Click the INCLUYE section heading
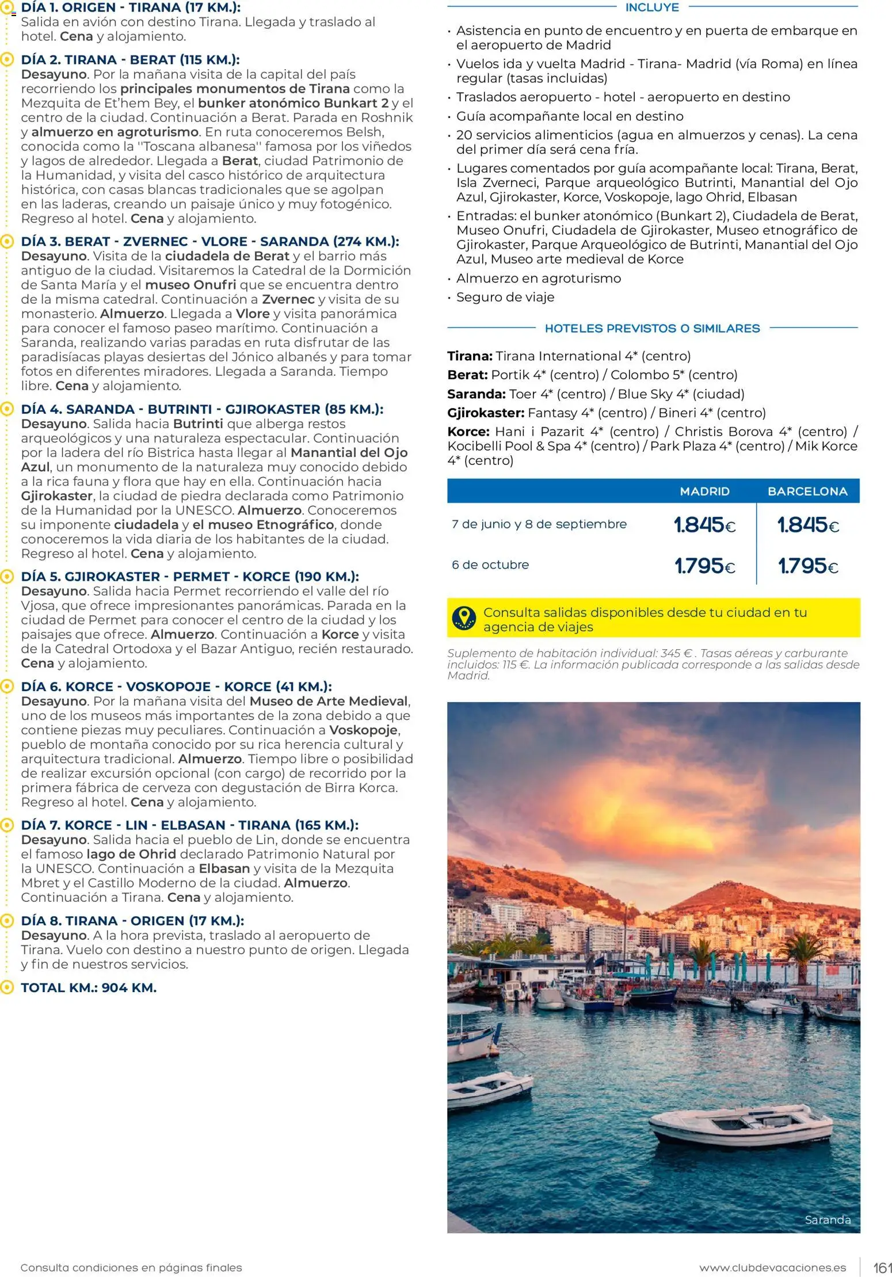(652, 7)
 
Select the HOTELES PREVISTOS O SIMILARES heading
(652, 329)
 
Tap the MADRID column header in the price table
(704, 491)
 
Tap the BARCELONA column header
(807, 491)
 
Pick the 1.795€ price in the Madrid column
(704, 566)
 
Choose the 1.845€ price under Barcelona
(807, 525)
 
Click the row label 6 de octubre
(490, 565)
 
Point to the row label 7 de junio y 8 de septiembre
(539, 524)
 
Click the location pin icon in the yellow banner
(464, 618)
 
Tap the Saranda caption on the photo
(827, 1219)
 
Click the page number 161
(882, 1268)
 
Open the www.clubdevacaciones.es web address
(772, 1268)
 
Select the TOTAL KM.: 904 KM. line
(89, 988)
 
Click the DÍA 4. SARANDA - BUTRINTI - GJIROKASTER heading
(202, 409)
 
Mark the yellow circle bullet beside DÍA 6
(7, 686)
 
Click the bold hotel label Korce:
(468, 432)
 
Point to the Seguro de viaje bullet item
(505, 297)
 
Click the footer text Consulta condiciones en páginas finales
(131, 1268)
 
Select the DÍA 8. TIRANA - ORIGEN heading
(132, 920)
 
